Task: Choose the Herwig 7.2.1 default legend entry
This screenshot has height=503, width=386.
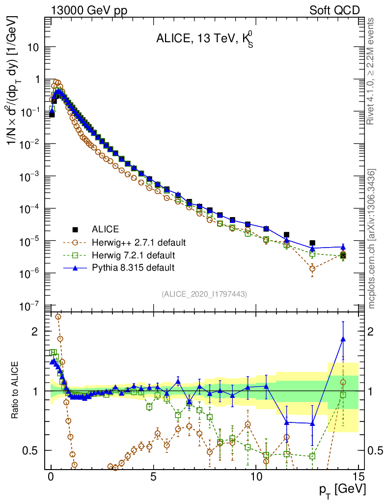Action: point(134,255)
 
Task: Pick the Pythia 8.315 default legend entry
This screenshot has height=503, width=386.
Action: point(133,268)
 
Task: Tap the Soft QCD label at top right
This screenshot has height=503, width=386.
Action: point(334,10)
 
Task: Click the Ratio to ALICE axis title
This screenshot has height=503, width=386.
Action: point(16,391)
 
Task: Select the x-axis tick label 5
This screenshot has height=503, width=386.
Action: point(154,477)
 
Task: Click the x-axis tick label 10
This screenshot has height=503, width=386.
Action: point(256,477)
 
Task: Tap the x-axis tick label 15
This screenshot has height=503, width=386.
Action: point(358,477)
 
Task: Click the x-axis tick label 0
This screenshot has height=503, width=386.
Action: point(51,477)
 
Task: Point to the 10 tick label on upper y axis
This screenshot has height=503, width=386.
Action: point(34,48)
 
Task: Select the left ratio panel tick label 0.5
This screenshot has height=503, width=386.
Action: point(31,450)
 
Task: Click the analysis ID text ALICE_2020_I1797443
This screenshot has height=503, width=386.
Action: point(204,294)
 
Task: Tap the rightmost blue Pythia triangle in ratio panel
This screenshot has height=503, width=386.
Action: point(343,338)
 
